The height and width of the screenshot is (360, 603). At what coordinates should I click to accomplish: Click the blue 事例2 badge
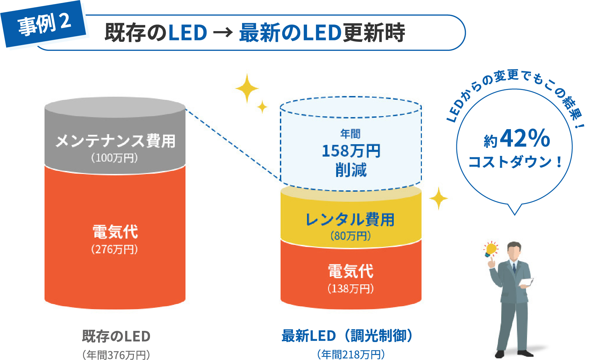44,24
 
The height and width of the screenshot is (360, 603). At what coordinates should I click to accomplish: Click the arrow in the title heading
223,33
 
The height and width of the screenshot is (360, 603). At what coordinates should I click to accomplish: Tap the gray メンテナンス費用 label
115,141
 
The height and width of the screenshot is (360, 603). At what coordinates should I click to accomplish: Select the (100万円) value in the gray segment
115,158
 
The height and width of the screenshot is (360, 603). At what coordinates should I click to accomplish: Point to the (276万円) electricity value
115,249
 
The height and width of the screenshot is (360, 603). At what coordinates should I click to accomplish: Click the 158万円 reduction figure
351,151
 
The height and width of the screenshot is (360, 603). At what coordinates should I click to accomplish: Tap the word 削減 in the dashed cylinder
351,170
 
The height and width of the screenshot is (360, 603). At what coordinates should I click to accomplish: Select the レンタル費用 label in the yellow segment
350,220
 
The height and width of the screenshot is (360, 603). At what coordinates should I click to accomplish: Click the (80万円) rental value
351,236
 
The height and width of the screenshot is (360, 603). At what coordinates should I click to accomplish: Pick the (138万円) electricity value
351,288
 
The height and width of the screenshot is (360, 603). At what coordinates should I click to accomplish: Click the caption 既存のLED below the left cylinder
116,336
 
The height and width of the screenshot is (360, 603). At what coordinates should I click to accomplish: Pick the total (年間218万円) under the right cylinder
351,354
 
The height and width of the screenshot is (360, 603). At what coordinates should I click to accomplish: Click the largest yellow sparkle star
247,88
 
